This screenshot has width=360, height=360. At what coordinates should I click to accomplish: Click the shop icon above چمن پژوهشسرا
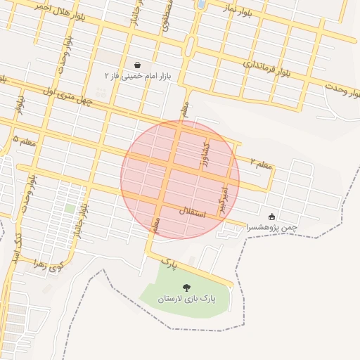coord(272,216)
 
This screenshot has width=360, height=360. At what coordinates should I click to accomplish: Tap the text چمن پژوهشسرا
coord(271,227)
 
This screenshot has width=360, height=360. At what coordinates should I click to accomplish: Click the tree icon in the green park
coord(186,288)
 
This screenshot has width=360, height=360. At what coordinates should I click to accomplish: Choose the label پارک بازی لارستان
coord(186,299)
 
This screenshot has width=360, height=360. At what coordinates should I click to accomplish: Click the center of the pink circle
coord(180,180)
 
